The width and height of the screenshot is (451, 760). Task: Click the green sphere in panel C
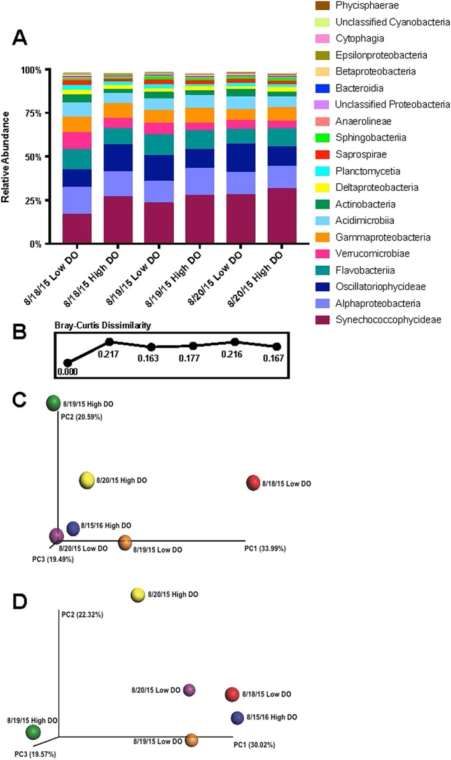point(53,403)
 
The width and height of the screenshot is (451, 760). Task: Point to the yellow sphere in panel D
point(138,595)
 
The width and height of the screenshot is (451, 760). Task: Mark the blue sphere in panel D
point(238,718)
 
